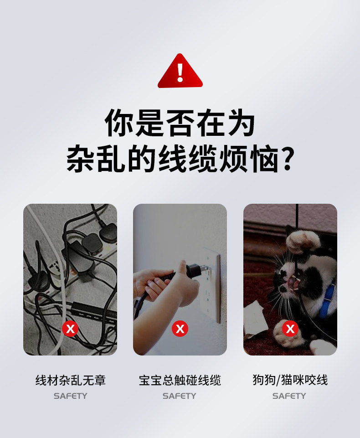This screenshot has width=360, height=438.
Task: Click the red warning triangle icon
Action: pyautogui.click(x=180, y=71)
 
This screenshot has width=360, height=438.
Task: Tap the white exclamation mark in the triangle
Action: pyautogui.click(x=180, y=72)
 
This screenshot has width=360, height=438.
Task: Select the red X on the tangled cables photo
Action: pyautogui.click(x=70, y=329)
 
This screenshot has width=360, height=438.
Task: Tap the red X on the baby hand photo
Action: pyautogui.click(x=180, y=329)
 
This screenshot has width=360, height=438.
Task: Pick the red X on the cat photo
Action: pyautogui.click(x=290, y=329)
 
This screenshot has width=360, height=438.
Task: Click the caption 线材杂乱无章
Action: pyautogui.click(x=70, y=380)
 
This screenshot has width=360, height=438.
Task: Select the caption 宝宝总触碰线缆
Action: pyautogui.click(x=180, y=380)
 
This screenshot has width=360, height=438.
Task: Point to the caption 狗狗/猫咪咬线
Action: pyautogui.click(x=290, y=380)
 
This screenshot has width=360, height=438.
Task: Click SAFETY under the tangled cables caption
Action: pyautogui.click(x=70, y=396)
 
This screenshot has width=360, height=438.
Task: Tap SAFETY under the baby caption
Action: pyautogui.click(x=179, y=396)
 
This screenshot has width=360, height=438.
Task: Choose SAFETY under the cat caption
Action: pyautogui.click(x=289, y=396)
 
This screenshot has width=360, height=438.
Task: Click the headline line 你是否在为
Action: pyautogui.click(x=180, y=123)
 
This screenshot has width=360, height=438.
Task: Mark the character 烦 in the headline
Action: pyautogui.click(x=233, y=159)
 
